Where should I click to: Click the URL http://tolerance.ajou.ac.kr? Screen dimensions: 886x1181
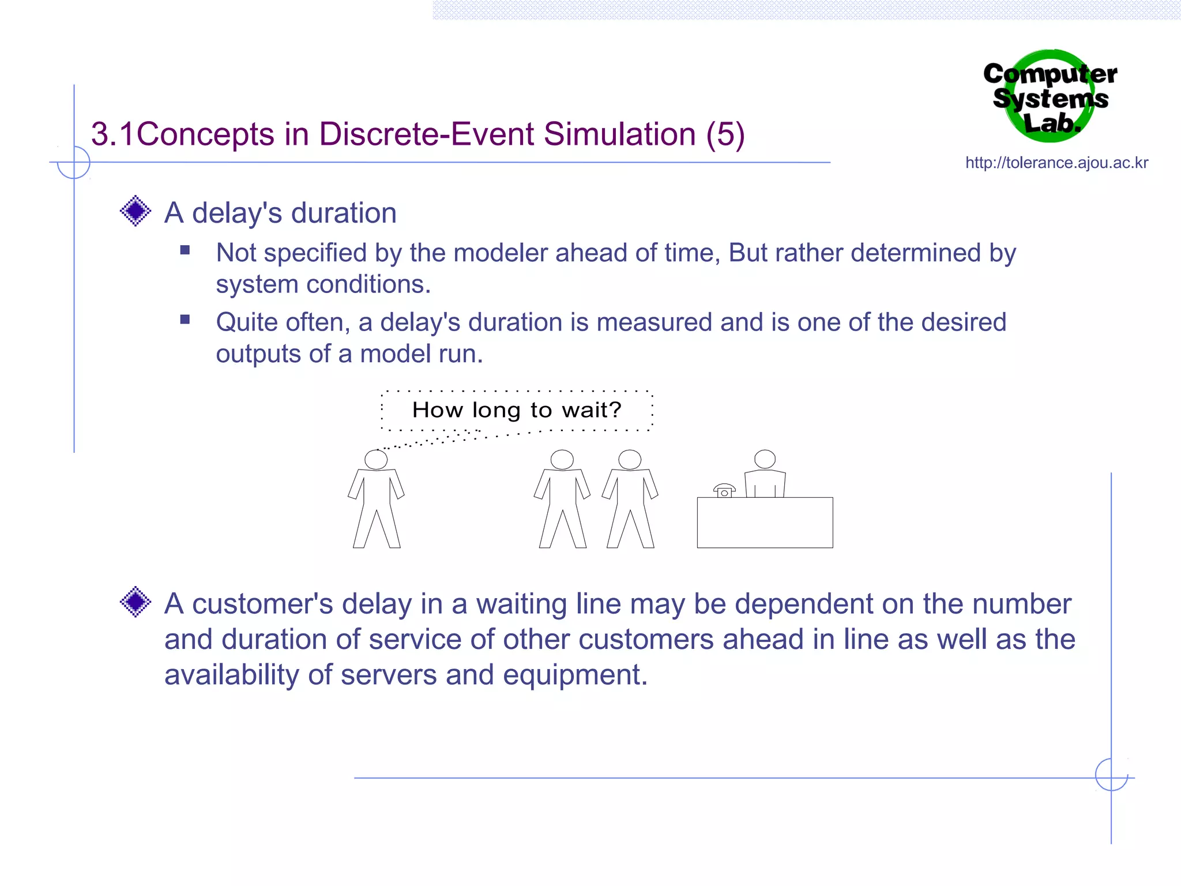[x=1056, y=163]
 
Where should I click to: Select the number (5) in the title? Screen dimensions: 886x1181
[x=725, y=134]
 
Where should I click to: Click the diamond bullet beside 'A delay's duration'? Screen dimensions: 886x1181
[x=136, y=211]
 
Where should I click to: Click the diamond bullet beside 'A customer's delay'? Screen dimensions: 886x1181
[x=136, y=602]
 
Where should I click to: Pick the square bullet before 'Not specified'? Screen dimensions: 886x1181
[x=185, y=250]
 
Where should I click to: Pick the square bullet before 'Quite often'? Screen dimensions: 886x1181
[x=185, y=320]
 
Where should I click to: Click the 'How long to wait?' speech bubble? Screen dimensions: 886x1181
[x=517, y=410]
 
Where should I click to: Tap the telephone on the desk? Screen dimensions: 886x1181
[x=724, y=490]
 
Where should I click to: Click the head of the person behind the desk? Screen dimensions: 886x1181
[x=765, y=459]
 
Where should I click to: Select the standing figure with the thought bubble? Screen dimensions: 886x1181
[x=376, y=499]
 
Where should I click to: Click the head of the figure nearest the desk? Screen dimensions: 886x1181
[x=630, y=460]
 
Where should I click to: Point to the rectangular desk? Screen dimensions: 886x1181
[x=765, y=523]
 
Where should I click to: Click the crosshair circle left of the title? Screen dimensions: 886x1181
[x=74, y=163]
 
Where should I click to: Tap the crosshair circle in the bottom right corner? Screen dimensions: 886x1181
[x=1111, y=775]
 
